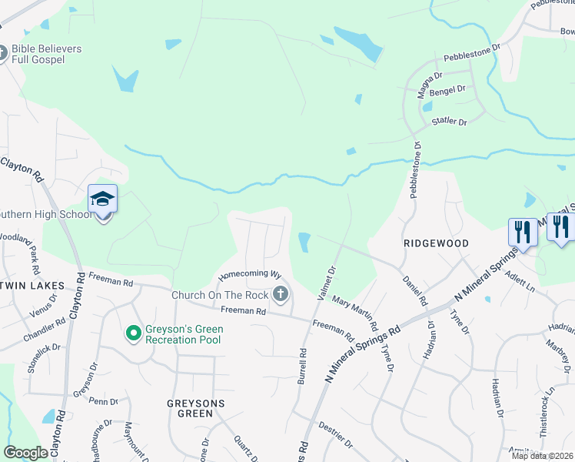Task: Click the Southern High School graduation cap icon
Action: coord(102,199)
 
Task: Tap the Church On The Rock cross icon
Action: coord(281,293)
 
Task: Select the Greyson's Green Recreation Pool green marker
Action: coord(133,333)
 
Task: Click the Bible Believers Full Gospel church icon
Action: coord(3,54)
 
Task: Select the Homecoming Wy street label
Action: coord(249,274)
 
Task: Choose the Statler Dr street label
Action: coord(450,122)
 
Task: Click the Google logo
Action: coord(25,453)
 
